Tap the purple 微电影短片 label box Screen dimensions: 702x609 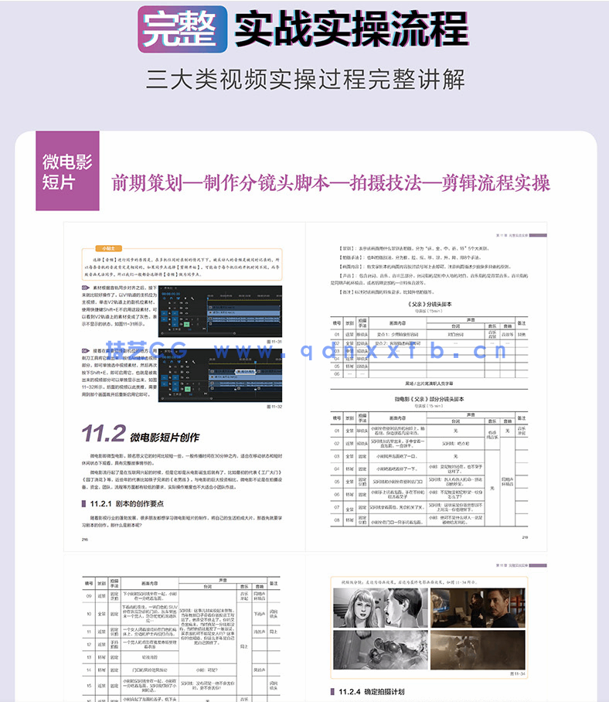pos(67,172)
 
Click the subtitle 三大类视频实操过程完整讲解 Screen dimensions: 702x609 pos(304,79)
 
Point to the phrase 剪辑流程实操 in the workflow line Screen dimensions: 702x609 pos(495,182)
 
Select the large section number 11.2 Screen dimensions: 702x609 pos(102,433)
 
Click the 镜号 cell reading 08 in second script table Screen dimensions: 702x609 pos(337,520)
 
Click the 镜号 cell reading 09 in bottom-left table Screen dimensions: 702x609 pos(89,597)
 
